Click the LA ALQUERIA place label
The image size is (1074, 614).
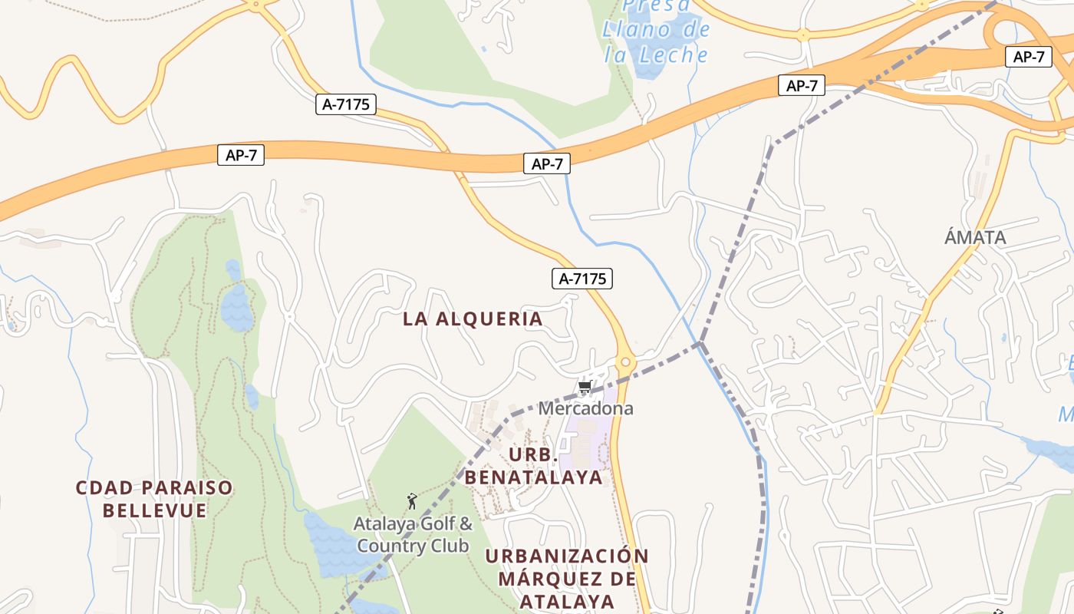pyautogui.click(x=473, y=319)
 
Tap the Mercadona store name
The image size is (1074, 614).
pyautogui.click(x=585, y=408)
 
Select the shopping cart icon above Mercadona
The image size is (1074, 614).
pyautogui.click(x=585, y=387)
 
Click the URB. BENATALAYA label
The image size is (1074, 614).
pyautogui.click(x=533, y=466)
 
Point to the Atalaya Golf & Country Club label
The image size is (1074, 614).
pyautogui.click(x=413, y=535)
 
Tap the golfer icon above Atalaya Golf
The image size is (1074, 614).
pyautogui.click(x=412, y=501)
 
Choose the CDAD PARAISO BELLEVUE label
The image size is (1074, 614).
pyautogui.click(x=154, y=499)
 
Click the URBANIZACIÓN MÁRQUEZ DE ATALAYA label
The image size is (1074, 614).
pyautogui.click(x=567, y=578)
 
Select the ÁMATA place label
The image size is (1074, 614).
pyautogui.click(x=974, y=237)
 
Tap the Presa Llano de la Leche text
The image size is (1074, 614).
pyautogui.click(x=656, y=31)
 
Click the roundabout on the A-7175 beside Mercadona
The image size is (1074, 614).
pyautogui.click(x=626, y=361)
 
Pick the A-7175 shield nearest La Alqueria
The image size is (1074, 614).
pyautogui.click(x=582, y=279)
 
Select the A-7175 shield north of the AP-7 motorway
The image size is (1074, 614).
pyautogui.click(x=346, y=104)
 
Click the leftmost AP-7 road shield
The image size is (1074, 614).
pyautogui.click(x=241, y=155)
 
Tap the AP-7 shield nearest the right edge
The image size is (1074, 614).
pyautogui.click(x=1028, y=56)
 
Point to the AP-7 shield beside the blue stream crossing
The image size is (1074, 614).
pyautogui.click(x=547, y=163)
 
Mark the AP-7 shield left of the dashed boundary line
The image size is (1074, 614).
pyautogui.click(x=801, y=85)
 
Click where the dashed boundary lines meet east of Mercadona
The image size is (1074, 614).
pyautogui.click(x=700, y=343)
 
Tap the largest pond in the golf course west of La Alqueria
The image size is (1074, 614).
pyautogui.click(x=236, y=307)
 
